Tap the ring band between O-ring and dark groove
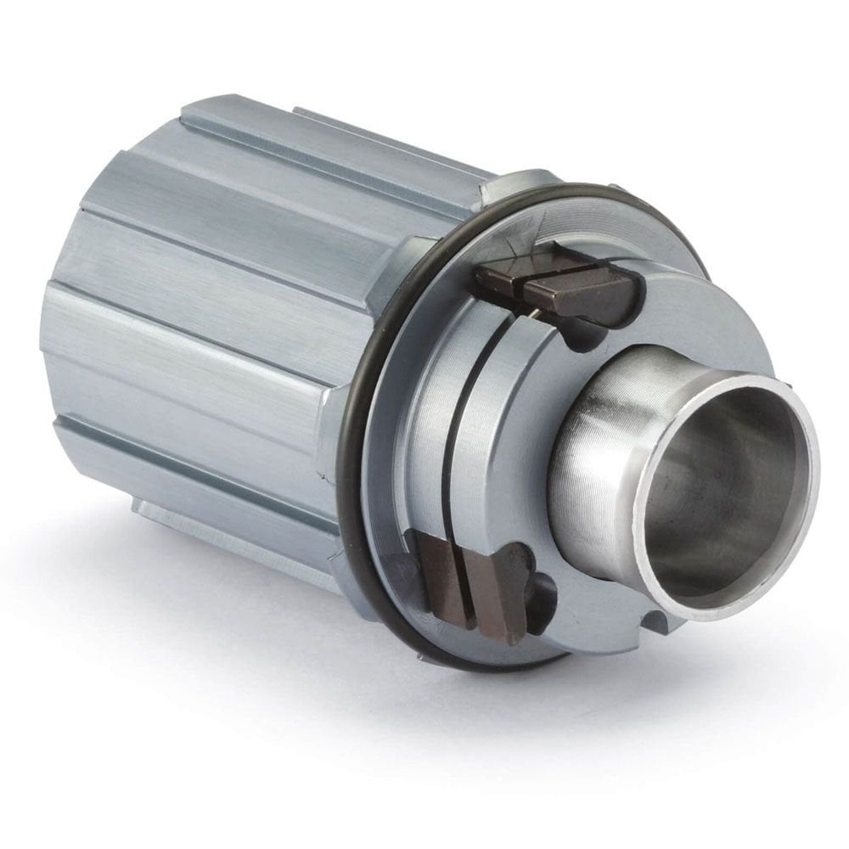click(x=416, y=424)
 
